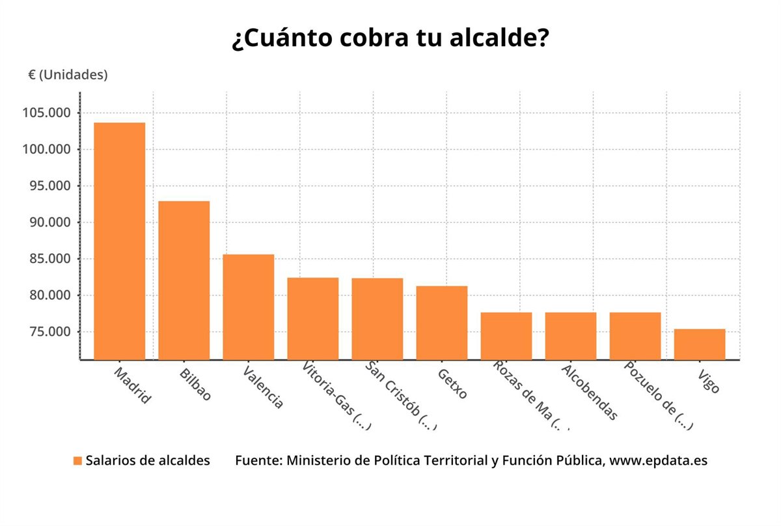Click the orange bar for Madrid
[x=120, y=241]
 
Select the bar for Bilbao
[x=184, y=280]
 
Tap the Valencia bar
[x=248, y=307]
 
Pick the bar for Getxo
[x=441, y=322]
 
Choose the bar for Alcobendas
[x=570, y=335]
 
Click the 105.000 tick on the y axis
[x=46, y=113]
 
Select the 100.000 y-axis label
[x=46, y=150]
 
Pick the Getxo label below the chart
[x=452, y=384]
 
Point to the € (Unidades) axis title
[x=68, y=75]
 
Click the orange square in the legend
[x=77, y=461]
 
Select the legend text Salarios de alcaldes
[x=148, y=460]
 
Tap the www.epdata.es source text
[x=658, y=460]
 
